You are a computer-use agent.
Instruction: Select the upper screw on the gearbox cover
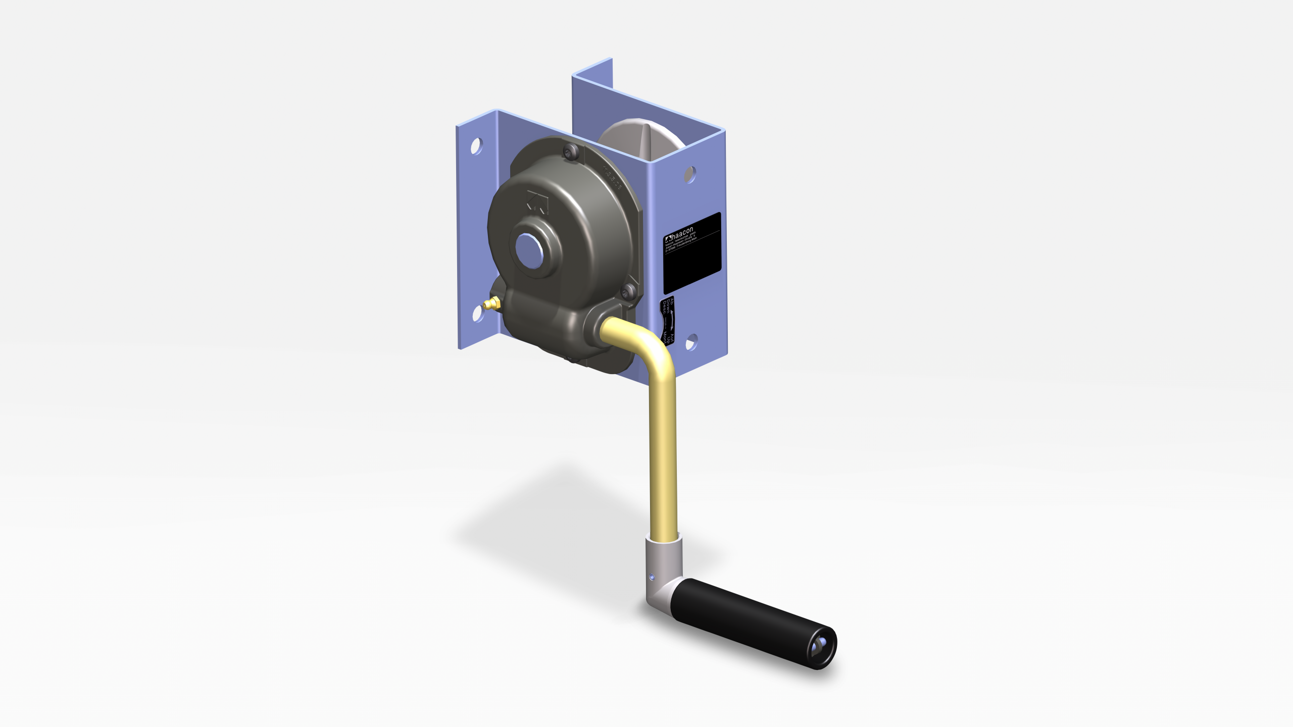click(571, 151)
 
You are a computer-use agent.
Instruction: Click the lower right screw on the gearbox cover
click(628, 291)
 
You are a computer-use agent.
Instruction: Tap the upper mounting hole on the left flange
click(475, 146)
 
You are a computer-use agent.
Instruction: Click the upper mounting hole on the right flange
click(690, 174)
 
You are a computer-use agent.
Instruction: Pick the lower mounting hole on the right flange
click(691, 342)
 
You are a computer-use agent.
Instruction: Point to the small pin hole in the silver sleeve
click(652, 576)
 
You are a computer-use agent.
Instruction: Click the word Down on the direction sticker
click(668, 306)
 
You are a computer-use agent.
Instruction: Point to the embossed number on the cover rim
click(612, 178)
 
